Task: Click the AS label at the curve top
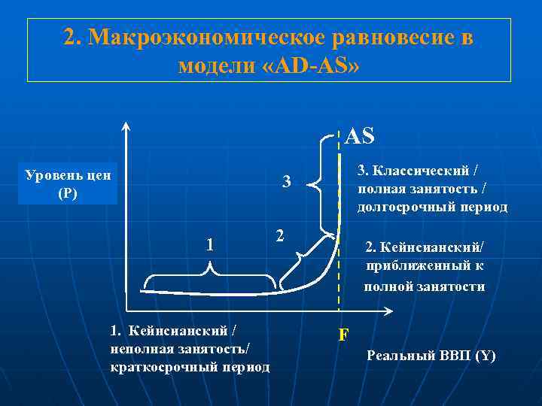pyautogui.click(x=359, y=135)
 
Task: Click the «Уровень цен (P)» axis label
pyautogui.click(x=68, y=184)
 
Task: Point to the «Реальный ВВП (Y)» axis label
pyautogui.click(x=431, y=356)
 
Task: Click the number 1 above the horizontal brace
pyautogui.click(x=211, y=244)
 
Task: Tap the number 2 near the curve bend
pyautogui.click(x=279, y=235)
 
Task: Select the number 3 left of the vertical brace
pyautogui.click(x=286, y=182)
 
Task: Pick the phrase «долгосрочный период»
pyautogui.click(x=432, y=207)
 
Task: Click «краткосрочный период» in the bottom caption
pyautogui.click(x=189, y=366)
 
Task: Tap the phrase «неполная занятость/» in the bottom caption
pyautogui.click(x=179, y=348)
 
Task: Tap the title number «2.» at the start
pyautogui.click(x=73, y=38)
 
